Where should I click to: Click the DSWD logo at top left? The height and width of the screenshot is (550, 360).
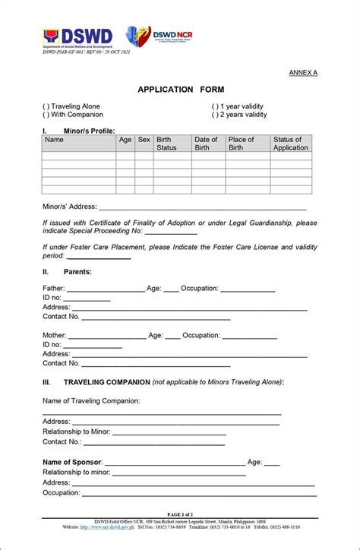click(77, 36)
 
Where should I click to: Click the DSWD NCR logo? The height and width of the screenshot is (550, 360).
click(159, 36)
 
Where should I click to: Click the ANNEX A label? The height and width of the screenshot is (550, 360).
click(303, 72)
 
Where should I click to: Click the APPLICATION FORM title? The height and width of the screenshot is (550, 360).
click(181, 90)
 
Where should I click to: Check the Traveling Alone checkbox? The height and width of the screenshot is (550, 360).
click(46, 106)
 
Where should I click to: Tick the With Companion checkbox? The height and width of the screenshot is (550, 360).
click(46, 115)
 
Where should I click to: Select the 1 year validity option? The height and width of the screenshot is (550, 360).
click(216, 106)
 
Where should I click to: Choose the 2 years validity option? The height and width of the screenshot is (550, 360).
click(216, 115)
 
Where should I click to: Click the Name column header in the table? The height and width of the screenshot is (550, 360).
click(54, 140)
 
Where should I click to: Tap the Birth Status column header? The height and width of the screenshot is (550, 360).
click(166, 144)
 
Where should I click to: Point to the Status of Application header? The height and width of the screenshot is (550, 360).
click(290, 144)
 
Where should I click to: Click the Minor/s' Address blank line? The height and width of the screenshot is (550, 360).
click(202, 207)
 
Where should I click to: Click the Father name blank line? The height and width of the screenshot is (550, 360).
click(106, 289)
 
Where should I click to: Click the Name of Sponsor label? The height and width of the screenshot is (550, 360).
click(72, 462)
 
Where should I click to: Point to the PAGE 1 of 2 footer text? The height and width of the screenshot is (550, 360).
click(180, 514)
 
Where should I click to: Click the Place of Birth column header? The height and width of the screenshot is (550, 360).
click(242, 144)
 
